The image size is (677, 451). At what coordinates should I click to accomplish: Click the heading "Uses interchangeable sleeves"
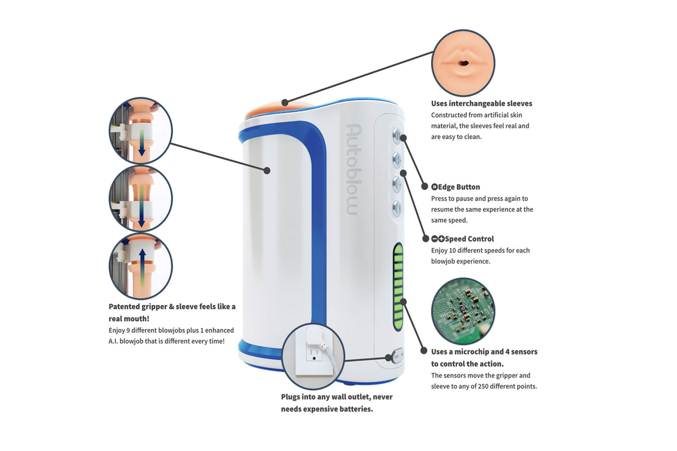click(482, 104)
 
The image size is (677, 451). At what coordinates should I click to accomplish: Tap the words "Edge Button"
click(459, 187)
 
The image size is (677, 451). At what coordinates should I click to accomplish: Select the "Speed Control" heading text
click(469, 239)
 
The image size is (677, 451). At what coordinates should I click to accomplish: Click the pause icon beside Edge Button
click(434, 187)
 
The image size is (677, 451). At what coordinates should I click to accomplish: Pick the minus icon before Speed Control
click(434, 239)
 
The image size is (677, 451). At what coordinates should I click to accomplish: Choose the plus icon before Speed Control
click(441, 239)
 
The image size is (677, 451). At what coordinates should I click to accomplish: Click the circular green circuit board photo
click(463, 311)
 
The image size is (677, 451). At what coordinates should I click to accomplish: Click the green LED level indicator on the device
click(398, 287)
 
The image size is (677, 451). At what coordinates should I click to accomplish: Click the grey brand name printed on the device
click(353, 169)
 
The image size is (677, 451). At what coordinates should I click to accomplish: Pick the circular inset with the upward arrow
click(140, 266)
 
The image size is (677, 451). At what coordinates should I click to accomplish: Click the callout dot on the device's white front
click(267, 171)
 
